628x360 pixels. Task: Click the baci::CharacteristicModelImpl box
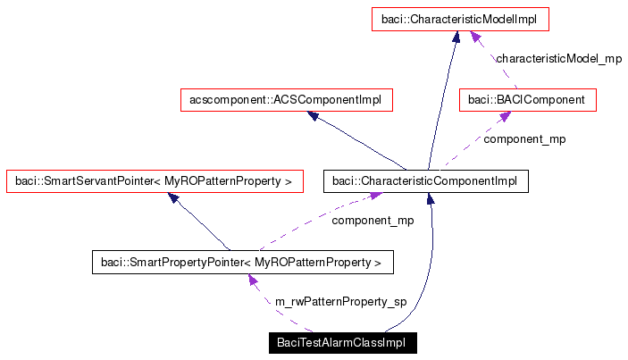[x=460, y=19]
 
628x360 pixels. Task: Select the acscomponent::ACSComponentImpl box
[x=285, y=100]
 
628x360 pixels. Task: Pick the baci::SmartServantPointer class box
[x=153, y=181]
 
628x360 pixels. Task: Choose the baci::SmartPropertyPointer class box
[x=242, y=263]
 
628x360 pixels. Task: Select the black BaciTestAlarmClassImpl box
[x=342, y=343]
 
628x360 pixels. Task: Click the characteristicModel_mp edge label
[x=558, y=58]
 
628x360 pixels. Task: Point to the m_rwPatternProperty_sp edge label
[x=340, y=302]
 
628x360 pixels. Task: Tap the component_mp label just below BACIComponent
[x=524, y=138]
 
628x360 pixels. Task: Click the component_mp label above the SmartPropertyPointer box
[x=373, y=220]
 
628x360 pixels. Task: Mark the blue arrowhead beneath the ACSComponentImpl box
[x=314, y=116]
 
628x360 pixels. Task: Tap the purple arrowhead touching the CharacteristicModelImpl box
[x=478, y=37]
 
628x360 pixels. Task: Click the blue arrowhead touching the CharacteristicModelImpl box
[x=456, y=37]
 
